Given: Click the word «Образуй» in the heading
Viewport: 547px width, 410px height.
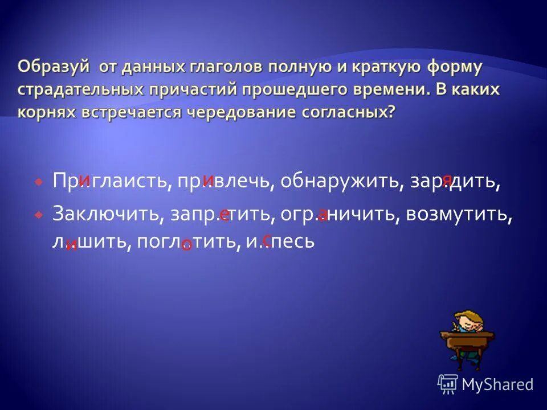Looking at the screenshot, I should [55, 67].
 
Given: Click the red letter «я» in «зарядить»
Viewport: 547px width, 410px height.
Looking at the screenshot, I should [448, 180].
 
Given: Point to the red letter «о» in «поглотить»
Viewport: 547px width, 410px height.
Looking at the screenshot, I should [186, 245].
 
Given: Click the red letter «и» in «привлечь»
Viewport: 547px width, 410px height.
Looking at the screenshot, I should [209, 179].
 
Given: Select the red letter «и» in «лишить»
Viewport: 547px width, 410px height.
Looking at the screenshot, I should [71, 245].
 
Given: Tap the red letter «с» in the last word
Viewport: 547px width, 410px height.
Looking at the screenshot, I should [267, 240].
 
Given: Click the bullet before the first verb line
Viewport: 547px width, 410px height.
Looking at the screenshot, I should [38, 182].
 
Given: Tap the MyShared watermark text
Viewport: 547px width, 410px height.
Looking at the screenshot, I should [497, 384].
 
